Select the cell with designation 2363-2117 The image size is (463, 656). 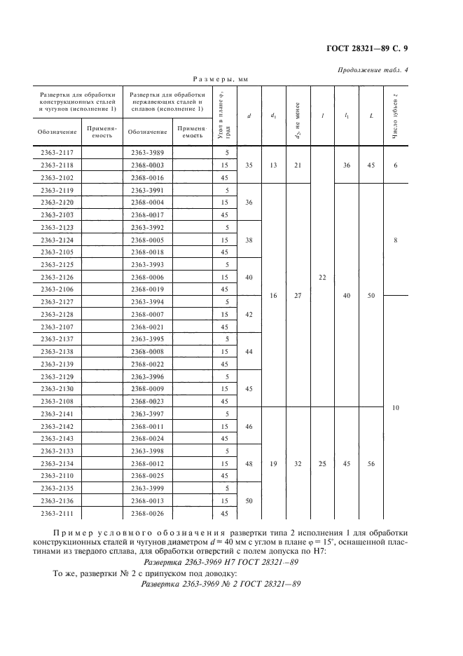coord(62,153)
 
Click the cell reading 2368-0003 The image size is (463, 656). coord(147,165)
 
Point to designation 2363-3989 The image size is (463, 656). coord(147,153)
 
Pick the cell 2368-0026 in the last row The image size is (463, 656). coord(147,514)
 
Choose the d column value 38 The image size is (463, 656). coord(249,240)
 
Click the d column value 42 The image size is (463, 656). coord(249,314)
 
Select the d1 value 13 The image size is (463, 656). coord(273,165)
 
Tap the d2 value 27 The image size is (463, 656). coord(298,296)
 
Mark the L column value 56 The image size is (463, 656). coord(371,463)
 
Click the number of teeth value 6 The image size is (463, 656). coord(396,165)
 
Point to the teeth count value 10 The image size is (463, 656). coord(396,407)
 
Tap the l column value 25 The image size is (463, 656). coord(322,463)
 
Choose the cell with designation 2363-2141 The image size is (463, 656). coord(62,414)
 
